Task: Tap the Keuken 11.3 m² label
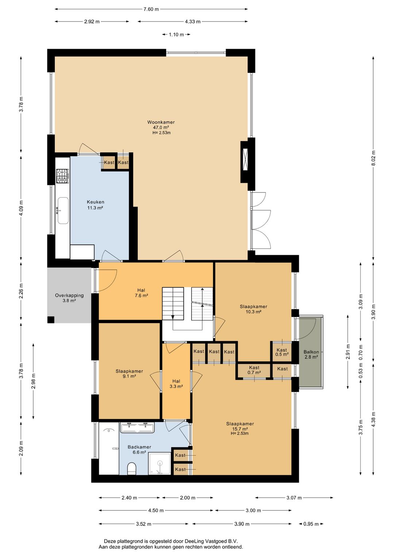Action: [x=95, y=205]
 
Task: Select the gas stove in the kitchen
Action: [x=62, y=176]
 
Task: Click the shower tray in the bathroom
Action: [x=159, y=463]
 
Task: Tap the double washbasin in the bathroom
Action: [x=137, y=427]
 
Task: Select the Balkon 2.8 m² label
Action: [x=311, y=354]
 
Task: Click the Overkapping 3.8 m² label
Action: [x=69, y=298]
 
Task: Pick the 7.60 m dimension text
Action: [x=151, y=9]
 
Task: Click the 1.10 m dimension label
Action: [x=176, y=35]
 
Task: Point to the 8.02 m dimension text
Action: [x=373, y=158]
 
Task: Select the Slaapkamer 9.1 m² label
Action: [x=129, y=373]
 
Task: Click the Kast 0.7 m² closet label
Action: [x=254, y=370]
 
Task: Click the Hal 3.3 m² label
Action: [x=176, y=383]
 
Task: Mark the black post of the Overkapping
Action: [x=51, y=319]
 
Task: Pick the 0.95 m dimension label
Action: [x=311, y=524]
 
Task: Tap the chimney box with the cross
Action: [x=246, y=160]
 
